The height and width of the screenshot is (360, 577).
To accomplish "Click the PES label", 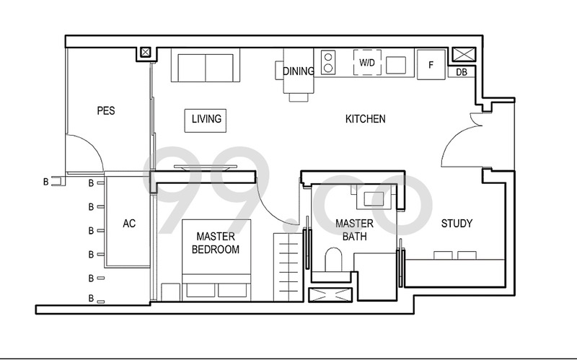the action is [x=106, y=110].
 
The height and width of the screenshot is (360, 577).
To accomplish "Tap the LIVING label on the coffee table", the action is [x=206, y=119].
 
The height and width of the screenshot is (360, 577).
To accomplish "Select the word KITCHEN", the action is [x=366, y=119].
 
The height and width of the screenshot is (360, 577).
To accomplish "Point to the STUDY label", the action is [x=457, y=223].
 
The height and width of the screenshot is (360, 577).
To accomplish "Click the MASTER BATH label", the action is [x=354, y=229].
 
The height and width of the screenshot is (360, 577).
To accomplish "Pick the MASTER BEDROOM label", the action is [x=216, y=243].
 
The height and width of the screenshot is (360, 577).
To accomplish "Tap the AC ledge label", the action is [x=129, y=223].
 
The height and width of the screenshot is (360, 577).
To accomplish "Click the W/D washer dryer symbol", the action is [x=367, y=63].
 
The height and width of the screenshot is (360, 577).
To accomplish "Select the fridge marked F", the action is [x=431, y=64].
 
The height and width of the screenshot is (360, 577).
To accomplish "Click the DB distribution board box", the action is [x=462, y=72].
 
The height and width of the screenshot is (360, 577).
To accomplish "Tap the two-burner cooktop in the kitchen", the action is [x=328, y=63].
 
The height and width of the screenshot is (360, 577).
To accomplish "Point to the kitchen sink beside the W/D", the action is [x=396, y=65].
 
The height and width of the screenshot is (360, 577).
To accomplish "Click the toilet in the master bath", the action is [x=333, y=260].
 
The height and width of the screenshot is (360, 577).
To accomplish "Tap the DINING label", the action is [x=299, y=71].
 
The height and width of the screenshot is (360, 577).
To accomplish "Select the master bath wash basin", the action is [x=374, y=199].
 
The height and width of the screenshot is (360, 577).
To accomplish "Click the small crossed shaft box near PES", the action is [x=146, y=52].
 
